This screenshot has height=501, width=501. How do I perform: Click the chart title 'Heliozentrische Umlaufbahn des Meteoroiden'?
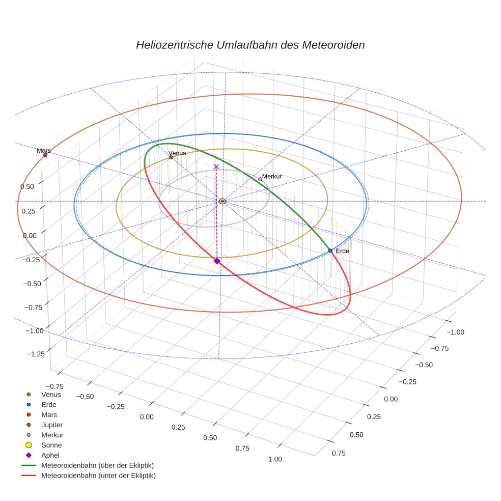click(x=250, y=45)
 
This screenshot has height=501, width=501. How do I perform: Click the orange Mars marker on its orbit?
click(x=45, y=155)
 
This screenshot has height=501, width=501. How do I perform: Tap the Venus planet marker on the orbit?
click(x=171, y=157)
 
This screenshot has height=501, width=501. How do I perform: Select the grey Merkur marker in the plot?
click(x=260, y=179)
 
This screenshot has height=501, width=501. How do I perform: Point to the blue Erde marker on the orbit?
click(x=330, y=250)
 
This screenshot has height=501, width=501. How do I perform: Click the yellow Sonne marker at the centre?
click(x=222, y=201)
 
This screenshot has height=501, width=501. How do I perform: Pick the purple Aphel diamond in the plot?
click(x=217, y=261)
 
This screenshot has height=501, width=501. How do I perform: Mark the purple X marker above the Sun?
click(x=216, y=166)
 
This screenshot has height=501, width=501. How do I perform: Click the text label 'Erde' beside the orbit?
click(x=342, y=251)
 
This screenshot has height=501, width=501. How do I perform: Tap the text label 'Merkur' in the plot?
click(x=272, y=176)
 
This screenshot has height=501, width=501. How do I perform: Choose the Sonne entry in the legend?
click(x=51, y=445)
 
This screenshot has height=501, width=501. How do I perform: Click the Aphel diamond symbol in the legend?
click(x=29, y=455)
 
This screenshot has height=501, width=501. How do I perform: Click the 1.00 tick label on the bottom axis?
click(x=275, y=459)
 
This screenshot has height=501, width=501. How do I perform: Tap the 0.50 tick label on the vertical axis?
click(x=27, y=186)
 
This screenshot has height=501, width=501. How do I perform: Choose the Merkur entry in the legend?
click(x=52, y=435)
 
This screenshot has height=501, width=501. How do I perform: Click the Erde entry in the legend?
click(x=49, y=404)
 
